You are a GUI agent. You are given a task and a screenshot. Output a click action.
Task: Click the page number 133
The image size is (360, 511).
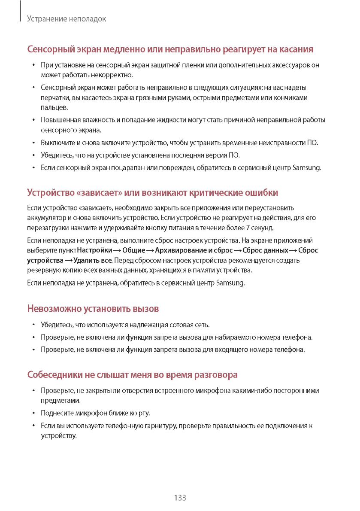coord(180,498)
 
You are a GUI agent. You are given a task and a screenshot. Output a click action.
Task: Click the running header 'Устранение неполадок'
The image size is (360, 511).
coord(66,19)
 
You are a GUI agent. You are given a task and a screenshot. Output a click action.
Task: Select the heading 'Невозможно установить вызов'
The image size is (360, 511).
coord(93,308)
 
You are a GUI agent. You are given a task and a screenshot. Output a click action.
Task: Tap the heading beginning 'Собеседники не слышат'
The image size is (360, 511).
coord(132,375)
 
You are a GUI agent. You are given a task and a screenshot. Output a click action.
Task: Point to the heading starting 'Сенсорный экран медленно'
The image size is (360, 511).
coord(170,49)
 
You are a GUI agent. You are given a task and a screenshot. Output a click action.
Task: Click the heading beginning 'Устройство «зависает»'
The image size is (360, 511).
coord(152,192)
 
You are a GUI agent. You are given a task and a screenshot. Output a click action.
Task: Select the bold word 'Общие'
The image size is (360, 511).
coord(133,250)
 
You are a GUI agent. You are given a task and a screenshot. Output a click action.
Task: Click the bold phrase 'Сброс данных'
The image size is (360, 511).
coord(265,250)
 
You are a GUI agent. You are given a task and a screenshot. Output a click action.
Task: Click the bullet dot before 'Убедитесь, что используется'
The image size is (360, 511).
coord(33,325)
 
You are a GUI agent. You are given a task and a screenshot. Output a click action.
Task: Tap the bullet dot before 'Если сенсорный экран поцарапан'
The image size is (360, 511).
coord(33,167)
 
